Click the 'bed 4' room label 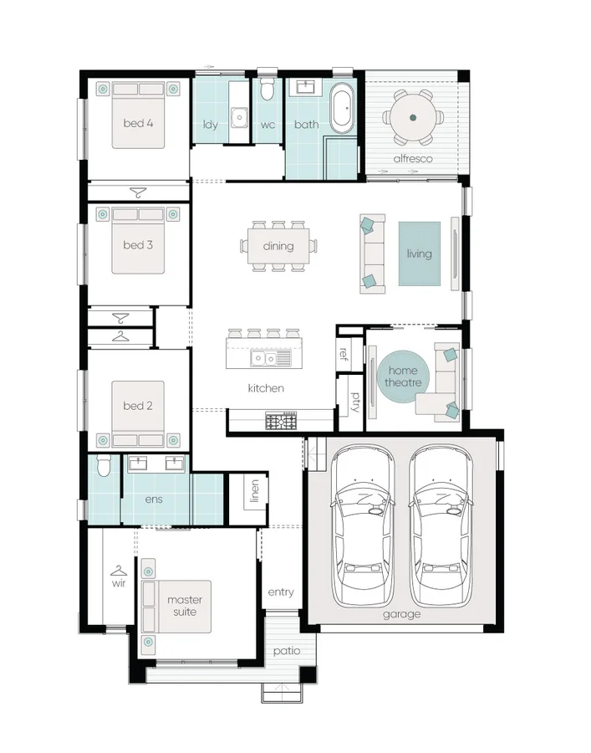(x=138, y=124)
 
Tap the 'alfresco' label (x=412, y=158)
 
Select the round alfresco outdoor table (x=413, y=119)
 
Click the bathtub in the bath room (x=343, y=109)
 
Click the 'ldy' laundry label (x=211, y=125)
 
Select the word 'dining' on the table (x=278, y=246)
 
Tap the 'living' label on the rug (x=419, y=254)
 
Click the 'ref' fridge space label (x=344, y=352)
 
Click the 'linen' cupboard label (x=254, y=492)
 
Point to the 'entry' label (x=281, y=592)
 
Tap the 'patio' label (x=286, y=651)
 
